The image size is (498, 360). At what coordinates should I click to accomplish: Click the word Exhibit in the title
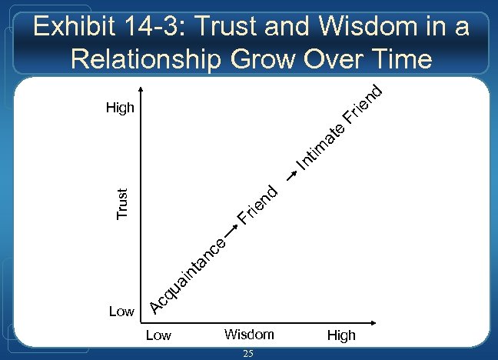pyautogui.click(x=75, y=28)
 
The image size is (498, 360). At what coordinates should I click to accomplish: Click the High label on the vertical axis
pyautogui.click(x=120, y=108)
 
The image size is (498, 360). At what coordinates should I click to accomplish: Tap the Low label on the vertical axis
pyautogui.click(x=121, y=311)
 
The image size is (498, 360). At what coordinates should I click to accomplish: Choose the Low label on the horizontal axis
pyautogui.click(x=158, y=335)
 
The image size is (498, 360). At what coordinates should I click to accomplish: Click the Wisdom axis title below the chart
pyautogui.click(x=249, y=335)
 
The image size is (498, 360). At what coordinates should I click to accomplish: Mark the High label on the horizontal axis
pyautogui.click(x=341, y=335)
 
